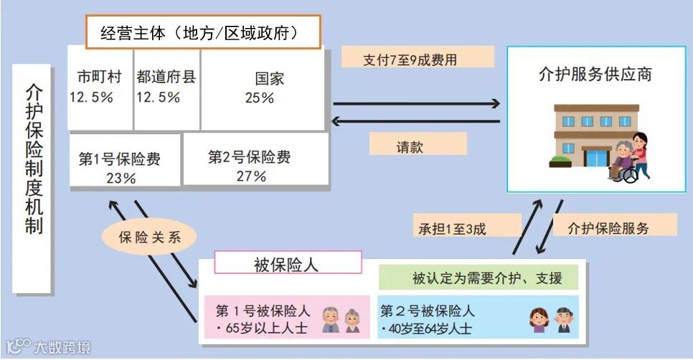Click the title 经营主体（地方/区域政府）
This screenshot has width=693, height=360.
click(x=202, y=32)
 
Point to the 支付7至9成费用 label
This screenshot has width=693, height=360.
click(x=418, y=60)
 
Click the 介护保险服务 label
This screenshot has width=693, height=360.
click(x=614, y=228)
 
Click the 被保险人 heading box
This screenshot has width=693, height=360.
click(x=287, y=263)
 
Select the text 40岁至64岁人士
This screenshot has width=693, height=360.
click(x=428, y=328)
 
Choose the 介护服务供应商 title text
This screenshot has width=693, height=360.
click(x=595, y=75)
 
